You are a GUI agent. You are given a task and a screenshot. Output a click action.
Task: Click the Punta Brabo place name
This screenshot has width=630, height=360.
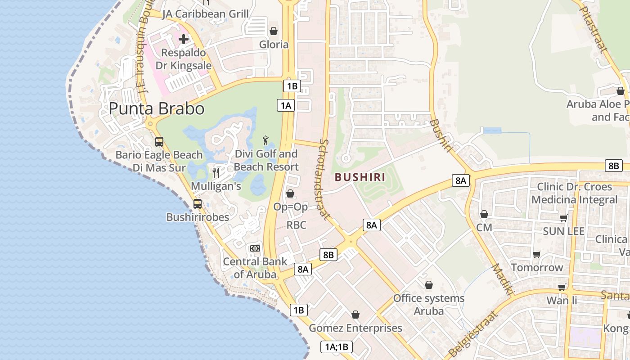point(157,108)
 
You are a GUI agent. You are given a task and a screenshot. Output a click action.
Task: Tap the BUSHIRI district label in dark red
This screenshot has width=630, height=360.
point(360,177)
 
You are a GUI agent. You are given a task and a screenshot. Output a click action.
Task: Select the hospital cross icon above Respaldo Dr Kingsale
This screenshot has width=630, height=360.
point(184,39)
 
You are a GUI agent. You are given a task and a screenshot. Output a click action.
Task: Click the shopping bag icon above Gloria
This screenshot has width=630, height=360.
point(273,31)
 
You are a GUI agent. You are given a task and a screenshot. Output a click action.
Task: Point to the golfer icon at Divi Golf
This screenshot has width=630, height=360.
point(265,140)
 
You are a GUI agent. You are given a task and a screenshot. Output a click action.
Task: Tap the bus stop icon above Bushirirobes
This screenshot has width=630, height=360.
point(198,203)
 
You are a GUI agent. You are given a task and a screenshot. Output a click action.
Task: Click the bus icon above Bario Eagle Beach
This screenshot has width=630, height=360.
point(159,141)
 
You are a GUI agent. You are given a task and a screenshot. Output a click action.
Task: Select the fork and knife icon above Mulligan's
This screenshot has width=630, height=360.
point(216,172)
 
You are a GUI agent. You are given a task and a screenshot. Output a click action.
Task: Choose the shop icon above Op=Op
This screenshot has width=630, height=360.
point(290,193)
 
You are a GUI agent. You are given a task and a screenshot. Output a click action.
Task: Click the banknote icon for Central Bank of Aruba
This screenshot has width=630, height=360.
point(255,248)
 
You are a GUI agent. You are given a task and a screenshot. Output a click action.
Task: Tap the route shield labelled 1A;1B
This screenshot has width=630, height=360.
point(337,347)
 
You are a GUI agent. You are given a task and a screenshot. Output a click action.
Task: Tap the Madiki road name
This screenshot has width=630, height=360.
point(503,280)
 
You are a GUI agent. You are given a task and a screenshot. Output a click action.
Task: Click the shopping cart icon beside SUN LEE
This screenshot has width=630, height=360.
point(563,218)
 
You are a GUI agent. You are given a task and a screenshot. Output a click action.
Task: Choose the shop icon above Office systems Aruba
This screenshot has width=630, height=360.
point(429,285)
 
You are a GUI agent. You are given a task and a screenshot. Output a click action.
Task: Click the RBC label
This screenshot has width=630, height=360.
point(297,225)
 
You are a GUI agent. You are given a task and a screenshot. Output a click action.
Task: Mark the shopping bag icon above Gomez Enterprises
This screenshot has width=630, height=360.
point(355,315)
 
